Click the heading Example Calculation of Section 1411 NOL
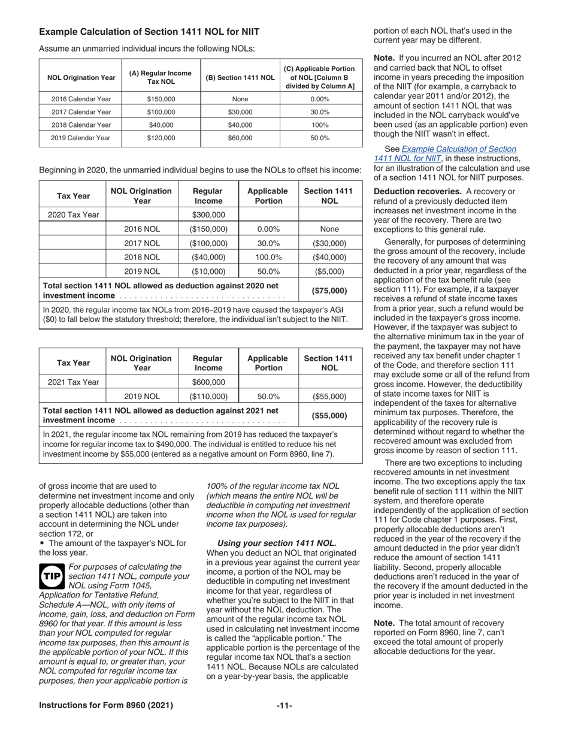[149, 31]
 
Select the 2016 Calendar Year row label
[80, 99]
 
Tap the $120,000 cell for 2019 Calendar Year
[161, 138]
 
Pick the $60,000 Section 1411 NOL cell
[240, 138]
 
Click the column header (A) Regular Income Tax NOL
[161, 77]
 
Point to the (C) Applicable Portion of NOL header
[320, 77]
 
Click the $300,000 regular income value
[208, 215]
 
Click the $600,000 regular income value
[208, 382]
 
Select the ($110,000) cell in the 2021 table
[208, 396]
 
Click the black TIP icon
[52, 576]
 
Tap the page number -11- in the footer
[284, 705]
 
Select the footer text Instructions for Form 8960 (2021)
[106, 705]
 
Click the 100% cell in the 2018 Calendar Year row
[320, 125]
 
